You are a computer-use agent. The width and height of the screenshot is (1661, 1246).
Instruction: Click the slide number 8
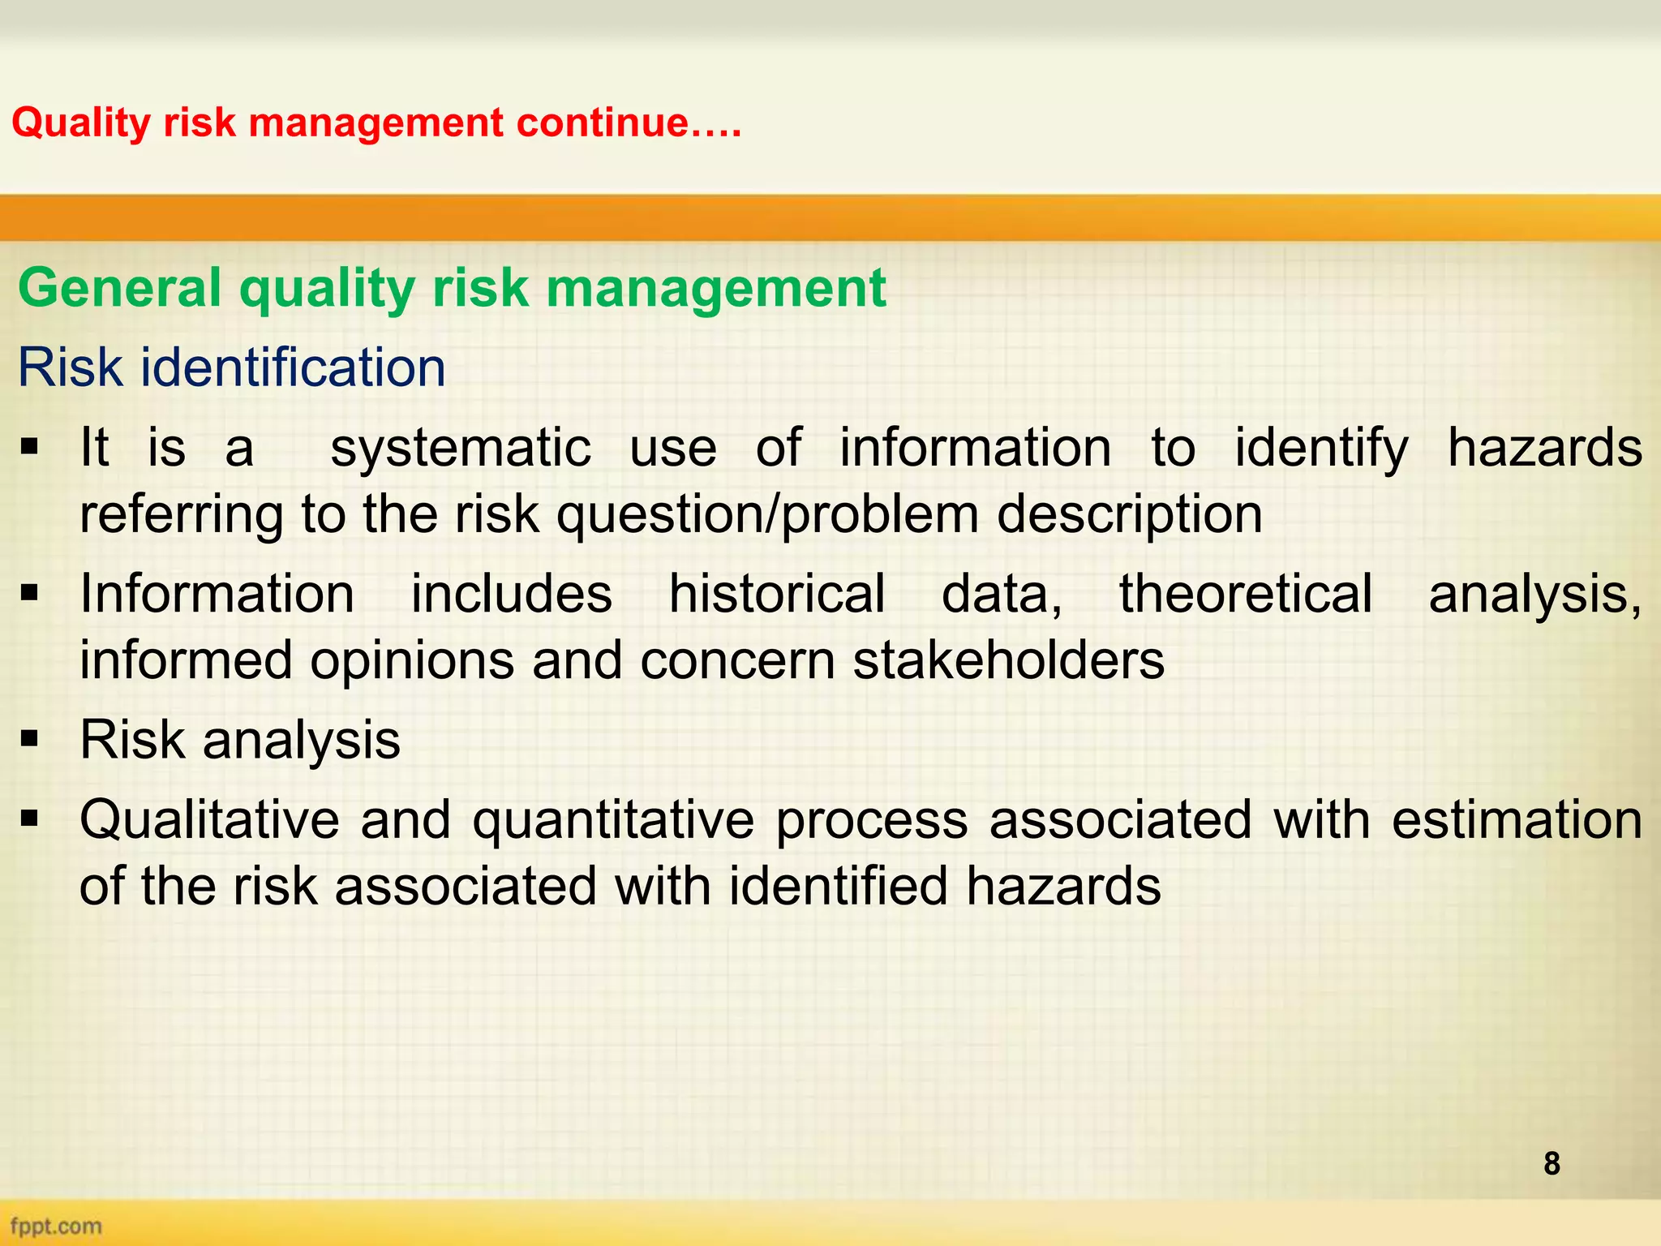[x=1552, y=1163]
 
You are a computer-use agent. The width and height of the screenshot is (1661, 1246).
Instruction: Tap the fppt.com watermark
[x=56, y=1226]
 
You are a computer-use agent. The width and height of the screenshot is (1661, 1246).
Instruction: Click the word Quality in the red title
[x=81, y=123]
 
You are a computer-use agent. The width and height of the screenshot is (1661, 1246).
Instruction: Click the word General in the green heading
[x=119, y=289]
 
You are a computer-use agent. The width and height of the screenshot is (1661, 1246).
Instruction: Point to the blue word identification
[x=293, y=367]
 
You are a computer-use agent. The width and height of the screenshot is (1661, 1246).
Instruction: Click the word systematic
[x=461, y=449]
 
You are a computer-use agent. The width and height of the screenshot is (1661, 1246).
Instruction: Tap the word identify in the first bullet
[x=1321, y=449]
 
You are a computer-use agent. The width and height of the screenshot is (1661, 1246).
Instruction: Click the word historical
[x=776, y=594]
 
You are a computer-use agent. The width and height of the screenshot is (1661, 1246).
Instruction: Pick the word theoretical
[x=1246, y=594]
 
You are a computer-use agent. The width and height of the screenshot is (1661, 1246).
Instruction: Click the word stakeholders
[x=1008, y=660]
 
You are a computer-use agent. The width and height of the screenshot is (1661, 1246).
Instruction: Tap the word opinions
[x=412, y=660]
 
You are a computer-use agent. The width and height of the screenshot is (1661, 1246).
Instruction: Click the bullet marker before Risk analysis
[x=30, y=740]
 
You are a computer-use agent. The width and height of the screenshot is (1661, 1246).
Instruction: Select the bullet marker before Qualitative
[x=30, y=819]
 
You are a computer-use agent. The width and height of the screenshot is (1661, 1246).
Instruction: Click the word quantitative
[x=613, y=819]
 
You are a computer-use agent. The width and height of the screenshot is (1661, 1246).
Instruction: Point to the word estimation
[x=1517, y=819]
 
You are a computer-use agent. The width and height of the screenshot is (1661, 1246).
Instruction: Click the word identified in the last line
[x=838, y=885]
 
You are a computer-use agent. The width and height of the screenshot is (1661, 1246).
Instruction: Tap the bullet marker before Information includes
[x=30, y=594]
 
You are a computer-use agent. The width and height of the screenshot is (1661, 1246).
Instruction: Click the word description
[x=1129, y=514]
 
